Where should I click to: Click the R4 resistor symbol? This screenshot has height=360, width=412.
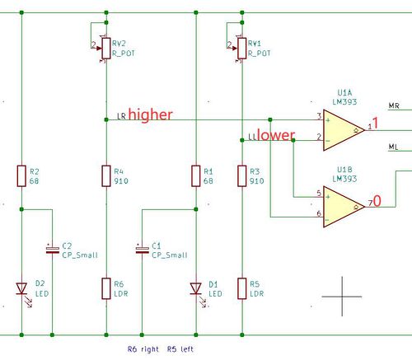click(x=106, y=175)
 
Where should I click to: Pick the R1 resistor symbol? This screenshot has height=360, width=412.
click(x=196, y=175)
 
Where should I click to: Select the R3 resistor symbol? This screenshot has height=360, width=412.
click(x=241, y=175)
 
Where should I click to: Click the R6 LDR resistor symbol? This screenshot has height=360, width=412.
click(x=106, y=288)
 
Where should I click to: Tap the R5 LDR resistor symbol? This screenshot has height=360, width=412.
click(x=241, y=288)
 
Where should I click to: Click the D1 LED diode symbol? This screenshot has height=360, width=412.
click(x=196, y=288)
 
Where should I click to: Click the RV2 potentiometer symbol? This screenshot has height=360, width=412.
click(x=106, y=50)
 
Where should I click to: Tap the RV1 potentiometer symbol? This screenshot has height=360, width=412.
click(x=241, y=50)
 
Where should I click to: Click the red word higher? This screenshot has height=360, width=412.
click(x=150, y=115)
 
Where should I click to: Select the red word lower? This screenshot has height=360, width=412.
click(x=275, y=135)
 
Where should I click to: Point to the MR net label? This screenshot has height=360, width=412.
click(x=394, y=106)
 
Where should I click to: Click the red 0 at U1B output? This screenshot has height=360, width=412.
click(x=377, y=200)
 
